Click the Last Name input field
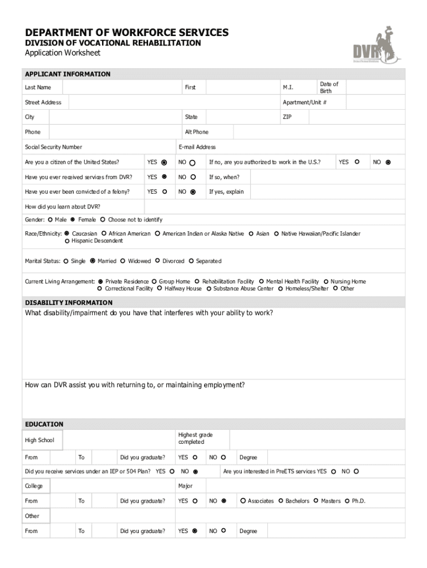point(121,88)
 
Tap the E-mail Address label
point(197,147)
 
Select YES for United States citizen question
point(164,163)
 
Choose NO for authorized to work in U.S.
point(388,163)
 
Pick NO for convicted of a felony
point(193,192)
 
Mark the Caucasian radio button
point(67,234)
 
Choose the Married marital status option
point(93,261)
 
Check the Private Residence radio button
point(100,282)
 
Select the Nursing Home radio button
point(326,282)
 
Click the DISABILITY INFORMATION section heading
point(69,303)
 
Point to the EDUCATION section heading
point(44,424)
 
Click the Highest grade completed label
point(195,438)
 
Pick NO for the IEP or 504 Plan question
point(196,472)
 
